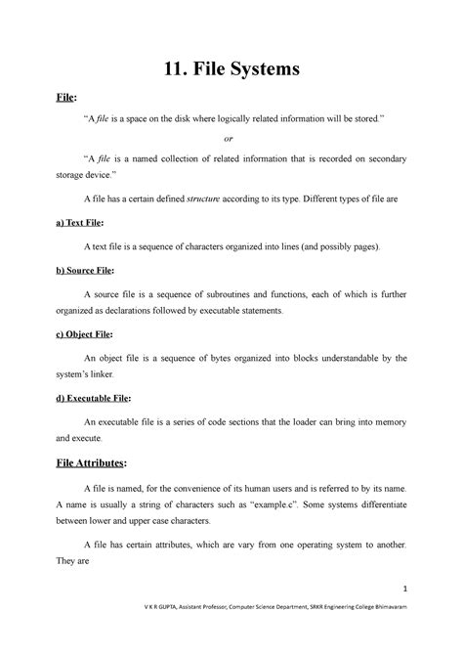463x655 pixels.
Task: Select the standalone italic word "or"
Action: (231, 138)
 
